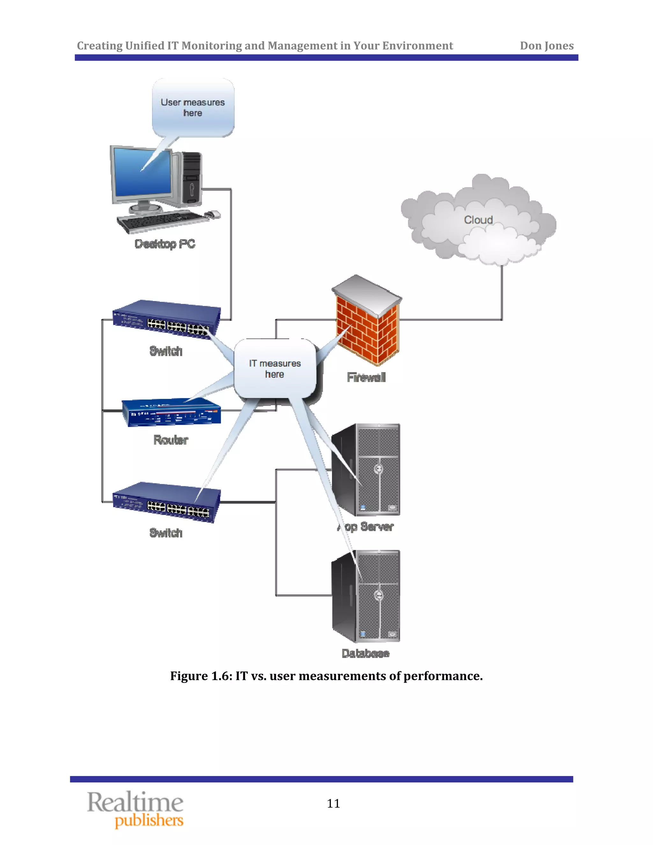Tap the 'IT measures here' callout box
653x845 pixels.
click(275, 368)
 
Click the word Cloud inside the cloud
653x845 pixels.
click(478, 220)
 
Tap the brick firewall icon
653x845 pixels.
click(366, 323)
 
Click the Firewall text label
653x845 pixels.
click(366, 377)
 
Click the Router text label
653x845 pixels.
click(171, 440)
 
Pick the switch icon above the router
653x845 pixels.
click(166, 319)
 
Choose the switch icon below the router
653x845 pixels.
click(166, 502)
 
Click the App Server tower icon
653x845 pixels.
click(366, 470)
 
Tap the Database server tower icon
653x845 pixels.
click(366, 596)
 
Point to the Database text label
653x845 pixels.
click(365, 653)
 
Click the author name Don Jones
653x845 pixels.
click(546, 46)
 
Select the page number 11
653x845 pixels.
click(333, 804)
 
